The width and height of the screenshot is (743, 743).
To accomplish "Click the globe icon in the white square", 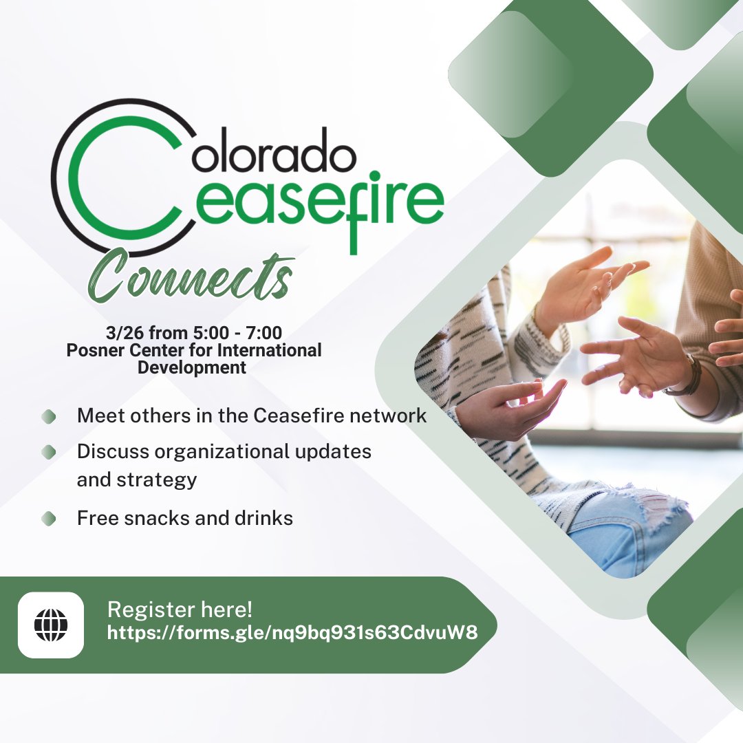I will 51,625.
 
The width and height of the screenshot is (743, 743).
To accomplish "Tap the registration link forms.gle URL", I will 292,632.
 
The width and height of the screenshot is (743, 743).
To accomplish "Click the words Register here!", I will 180,609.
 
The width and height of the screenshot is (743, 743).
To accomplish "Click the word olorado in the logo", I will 274,156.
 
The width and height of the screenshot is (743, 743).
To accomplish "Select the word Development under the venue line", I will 192,367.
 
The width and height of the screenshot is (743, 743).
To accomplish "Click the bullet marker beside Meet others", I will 48,417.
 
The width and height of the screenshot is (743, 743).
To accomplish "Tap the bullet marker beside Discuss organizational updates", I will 48,452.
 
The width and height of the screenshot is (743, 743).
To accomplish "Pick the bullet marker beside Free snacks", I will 48,518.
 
